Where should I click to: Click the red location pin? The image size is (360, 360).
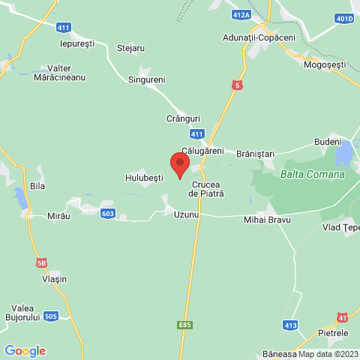click(x=179, y=163)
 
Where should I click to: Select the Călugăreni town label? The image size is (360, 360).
click(x=202, y=150)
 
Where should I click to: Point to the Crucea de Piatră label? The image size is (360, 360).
click(x=208, y=188)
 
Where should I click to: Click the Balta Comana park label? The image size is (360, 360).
click(x=312, y=174)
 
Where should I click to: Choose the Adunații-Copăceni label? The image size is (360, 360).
click(x=259, y=37)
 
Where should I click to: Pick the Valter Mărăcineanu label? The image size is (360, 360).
click(x=60, y=72)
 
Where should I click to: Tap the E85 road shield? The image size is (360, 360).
click(x=185, y=325)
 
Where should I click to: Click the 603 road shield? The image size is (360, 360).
click(x=108, y=214)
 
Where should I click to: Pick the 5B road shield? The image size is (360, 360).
click(x=41, y=263)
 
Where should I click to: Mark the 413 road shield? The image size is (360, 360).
click(x=290, y=325)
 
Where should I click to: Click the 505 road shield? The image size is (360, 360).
click(x=51, y=316)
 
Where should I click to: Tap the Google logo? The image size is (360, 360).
click(x=25, y=350)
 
